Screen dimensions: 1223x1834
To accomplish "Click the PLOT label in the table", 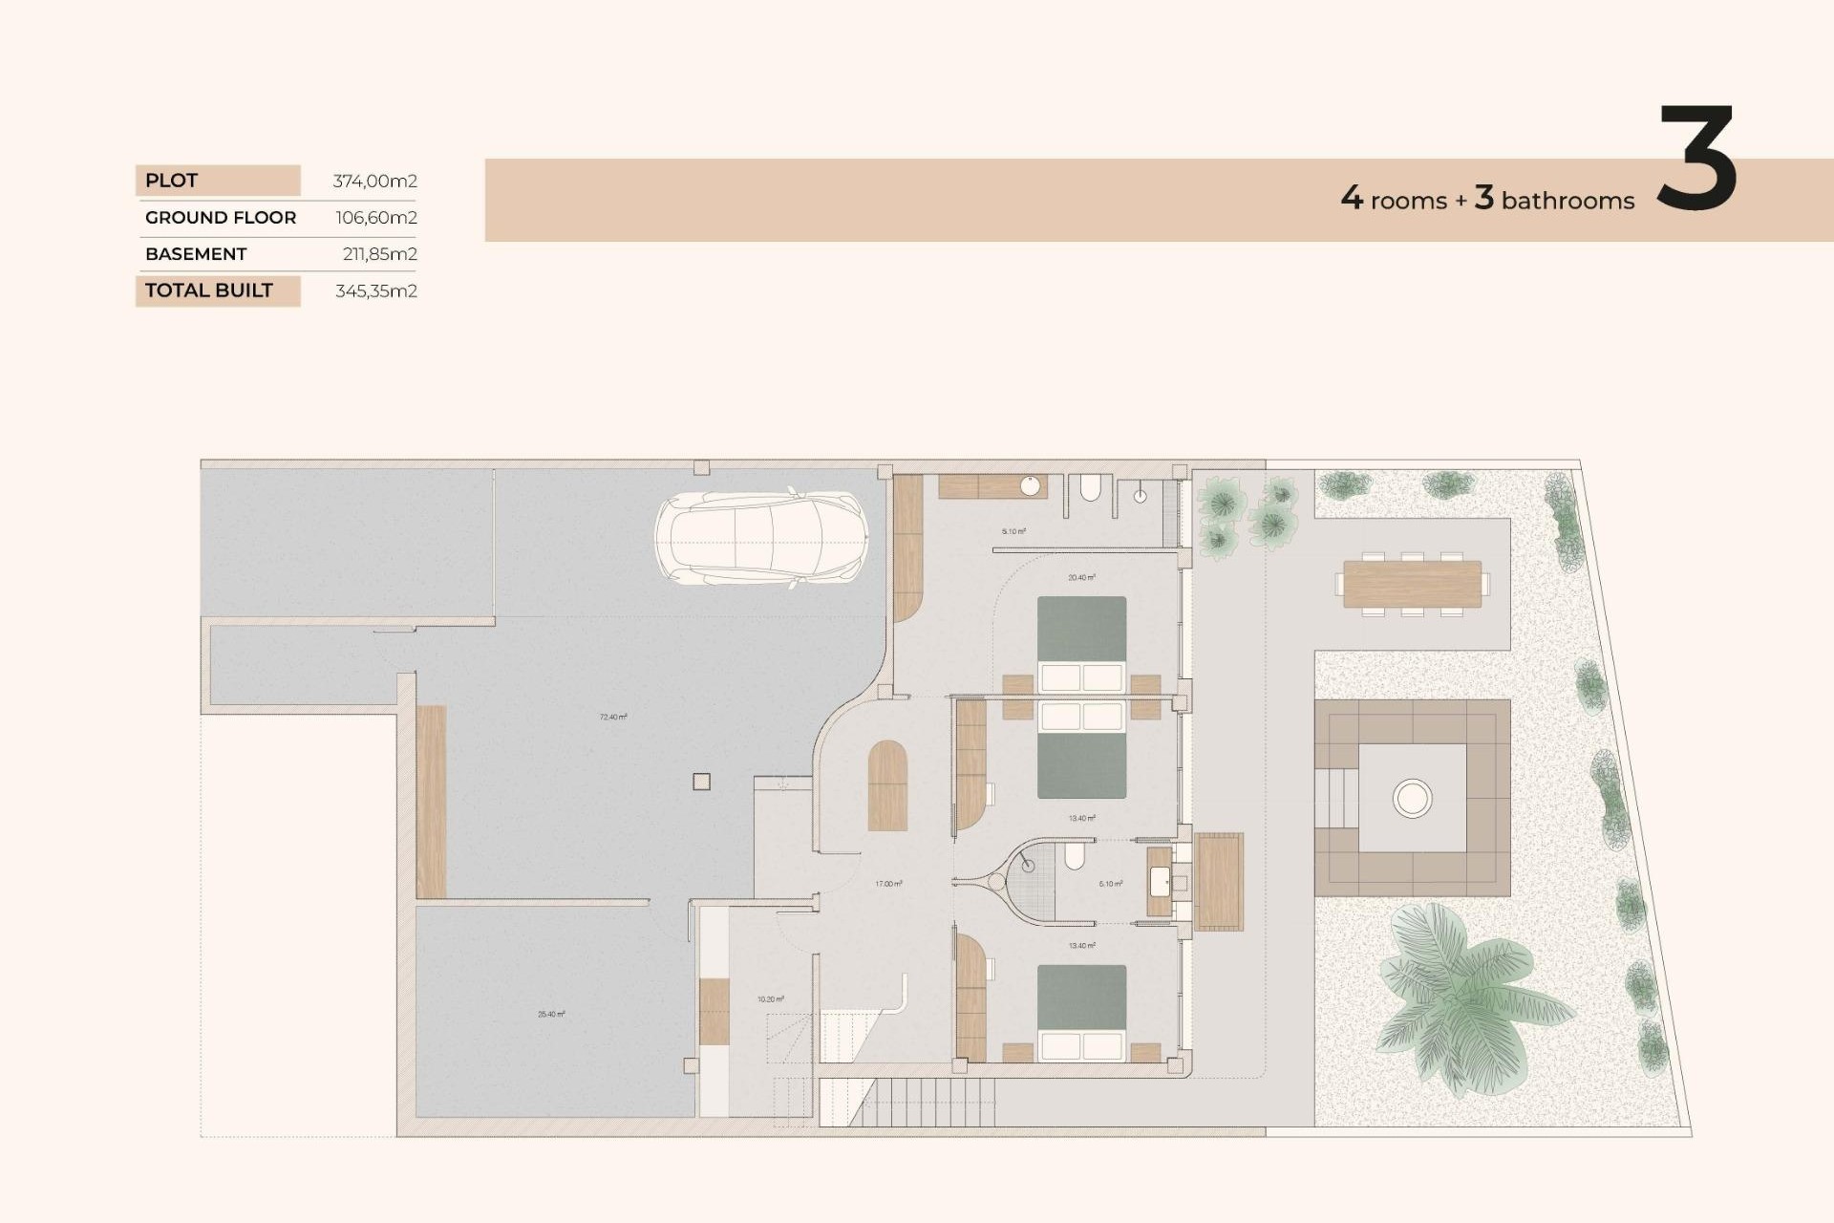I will tap(172, 181).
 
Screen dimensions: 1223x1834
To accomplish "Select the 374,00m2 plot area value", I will tap(374, 181).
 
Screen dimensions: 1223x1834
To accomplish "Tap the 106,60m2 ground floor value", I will tap(375, 218).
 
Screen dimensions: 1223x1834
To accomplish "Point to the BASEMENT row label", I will tap(196, 254).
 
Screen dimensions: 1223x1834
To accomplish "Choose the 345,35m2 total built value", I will tap(375, 291).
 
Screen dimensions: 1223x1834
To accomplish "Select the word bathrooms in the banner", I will tap(1567, 201).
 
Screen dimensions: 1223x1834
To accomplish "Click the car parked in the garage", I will tap(761, 538).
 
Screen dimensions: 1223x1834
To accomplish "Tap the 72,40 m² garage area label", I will tap(613, 717).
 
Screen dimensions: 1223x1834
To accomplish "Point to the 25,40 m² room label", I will tap(551, 1015).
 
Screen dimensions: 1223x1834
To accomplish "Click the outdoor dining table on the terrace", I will tap(1412, 583).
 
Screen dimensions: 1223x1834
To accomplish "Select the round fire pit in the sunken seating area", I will tap(1412, 797).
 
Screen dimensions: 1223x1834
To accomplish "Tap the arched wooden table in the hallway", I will tap(887, 785).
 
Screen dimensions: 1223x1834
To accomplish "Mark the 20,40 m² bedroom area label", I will tap(1081, 578).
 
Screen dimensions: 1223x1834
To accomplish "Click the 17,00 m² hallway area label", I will tap(888, 884).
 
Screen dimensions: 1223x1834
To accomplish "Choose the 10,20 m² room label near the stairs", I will tap(771, 999).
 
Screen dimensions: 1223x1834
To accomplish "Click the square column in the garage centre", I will tap(701, 782).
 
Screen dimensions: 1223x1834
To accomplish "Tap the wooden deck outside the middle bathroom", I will tap(1219, 881).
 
